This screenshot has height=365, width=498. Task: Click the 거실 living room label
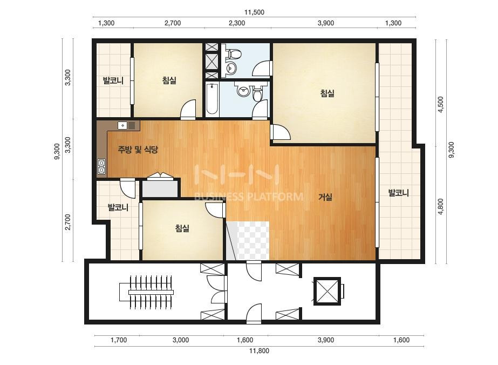tap(325, 197)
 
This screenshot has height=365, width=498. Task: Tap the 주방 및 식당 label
tap(138, 149)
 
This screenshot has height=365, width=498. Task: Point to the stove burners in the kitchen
tap(101, 166)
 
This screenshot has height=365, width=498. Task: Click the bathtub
tap(212, 99)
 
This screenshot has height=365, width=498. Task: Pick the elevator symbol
tap(327, 291)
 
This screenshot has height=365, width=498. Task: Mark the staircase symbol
tap(146, 292)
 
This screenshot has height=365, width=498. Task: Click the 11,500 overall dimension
tap(254, 12)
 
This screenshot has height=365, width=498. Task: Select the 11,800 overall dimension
tap(259, 351)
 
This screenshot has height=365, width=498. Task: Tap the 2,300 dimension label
tap(237, 23)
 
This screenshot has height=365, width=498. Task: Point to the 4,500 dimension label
tap(440, 104)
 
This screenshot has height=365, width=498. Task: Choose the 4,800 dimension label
tap(440, 206)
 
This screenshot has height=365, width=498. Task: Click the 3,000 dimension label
tap(181, 340)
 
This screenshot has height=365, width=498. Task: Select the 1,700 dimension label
tap(119, 340)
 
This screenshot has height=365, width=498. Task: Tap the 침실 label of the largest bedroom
tap(327, 93)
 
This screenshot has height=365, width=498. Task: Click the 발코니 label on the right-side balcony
tap(399, 193)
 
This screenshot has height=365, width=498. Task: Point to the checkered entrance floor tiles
tap(248, 241)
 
